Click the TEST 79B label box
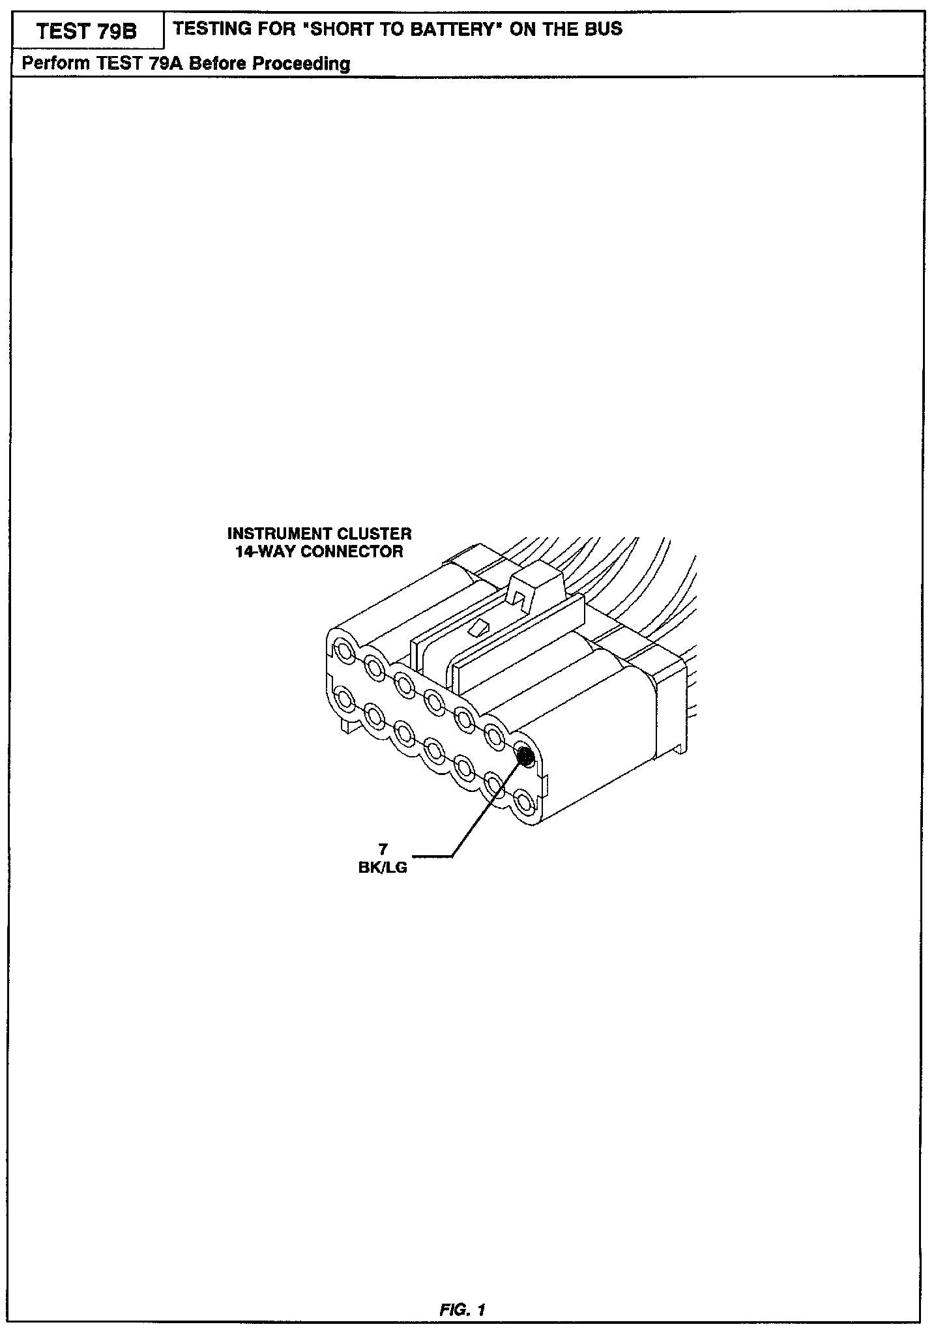[x=87, y=32]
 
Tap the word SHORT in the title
[x=349, y=29]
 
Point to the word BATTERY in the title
[x=454, y=29]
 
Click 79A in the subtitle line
[x=161, y=64]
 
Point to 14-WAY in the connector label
[x=264, y=551]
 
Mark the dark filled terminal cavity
[x=525, y=756]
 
